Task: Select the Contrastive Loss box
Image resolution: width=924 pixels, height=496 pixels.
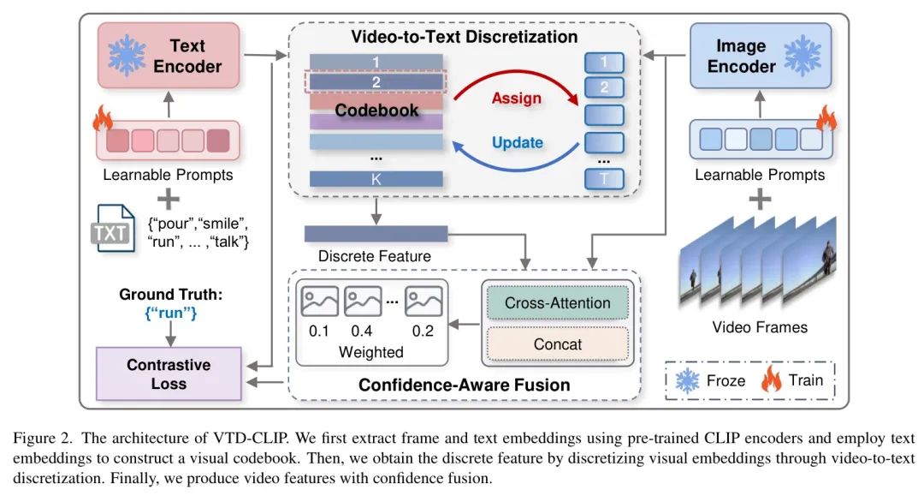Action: tap(169, 373)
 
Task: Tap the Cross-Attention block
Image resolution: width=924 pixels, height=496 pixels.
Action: tap(557, 302)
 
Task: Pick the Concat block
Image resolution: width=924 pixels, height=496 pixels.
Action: tap(557, 344)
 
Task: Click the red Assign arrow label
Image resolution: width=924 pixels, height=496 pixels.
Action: tap(516, 98)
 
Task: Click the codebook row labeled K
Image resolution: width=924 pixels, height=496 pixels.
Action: tap(376, 179)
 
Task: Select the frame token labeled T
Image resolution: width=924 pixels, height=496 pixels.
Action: tap(604, 179)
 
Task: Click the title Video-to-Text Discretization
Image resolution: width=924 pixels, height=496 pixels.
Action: tap(464, 37)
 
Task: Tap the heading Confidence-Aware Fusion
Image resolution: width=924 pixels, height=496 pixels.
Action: tap(464, 385)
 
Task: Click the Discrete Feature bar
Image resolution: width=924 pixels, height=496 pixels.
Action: tap(376, 234)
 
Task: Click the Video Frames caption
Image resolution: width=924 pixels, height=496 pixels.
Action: tap(759, 326)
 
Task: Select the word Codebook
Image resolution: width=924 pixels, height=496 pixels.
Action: tap(376, 111)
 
